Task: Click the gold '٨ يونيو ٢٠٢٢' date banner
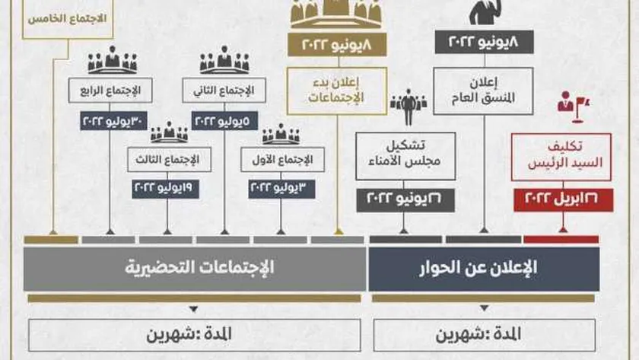336,46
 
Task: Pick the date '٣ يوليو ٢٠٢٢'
281,186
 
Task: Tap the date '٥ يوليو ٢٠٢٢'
224,119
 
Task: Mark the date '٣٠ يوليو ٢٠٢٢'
110,119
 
